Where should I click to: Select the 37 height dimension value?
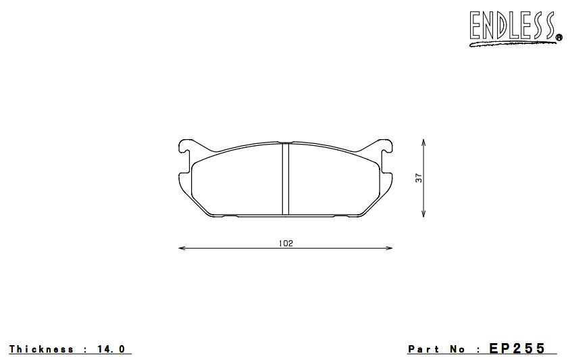(x=418, y=178)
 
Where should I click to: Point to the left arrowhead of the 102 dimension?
(x=181, y=249)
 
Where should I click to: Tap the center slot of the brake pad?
(x=285, y=179)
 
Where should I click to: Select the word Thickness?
(x=41, y=349)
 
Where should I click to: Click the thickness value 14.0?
(x=111, y=349)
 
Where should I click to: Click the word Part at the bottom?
(x=423, y=349)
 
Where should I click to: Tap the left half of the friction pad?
(x=236, y=181)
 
